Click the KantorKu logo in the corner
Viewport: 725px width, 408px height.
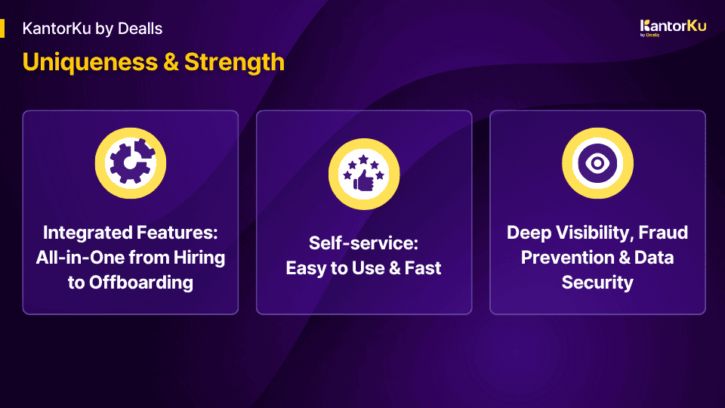pos(673,28)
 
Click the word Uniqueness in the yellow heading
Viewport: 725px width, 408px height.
pos(90,63)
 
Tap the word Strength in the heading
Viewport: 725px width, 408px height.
pos(234,63)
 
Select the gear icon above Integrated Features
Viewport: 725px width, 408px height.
pos(131,163)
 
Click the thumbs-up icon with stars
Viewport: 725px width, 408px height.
pos(364,174)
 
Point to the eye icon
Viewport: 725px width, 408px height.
pos(597,163)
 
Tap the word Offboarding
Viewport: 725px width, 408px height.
pos(141,282)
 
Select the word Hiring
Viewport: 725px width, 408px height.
pos(199,258)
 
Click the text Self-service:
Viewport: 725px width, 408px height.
pos(363,243)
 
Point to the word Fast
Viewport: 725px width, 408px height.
pos(423,267)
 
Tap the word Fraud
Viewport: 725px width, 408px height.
pos(663,232)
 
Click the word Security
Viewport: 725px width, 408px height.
pos(597,282)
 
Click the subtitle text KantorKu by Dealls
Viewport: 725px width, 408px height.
pos(92,29)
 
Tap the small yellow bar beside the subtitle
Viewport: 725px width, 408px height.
pos(2,28)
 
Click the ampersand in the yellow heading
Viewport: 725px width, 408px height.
pos(171,63)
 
